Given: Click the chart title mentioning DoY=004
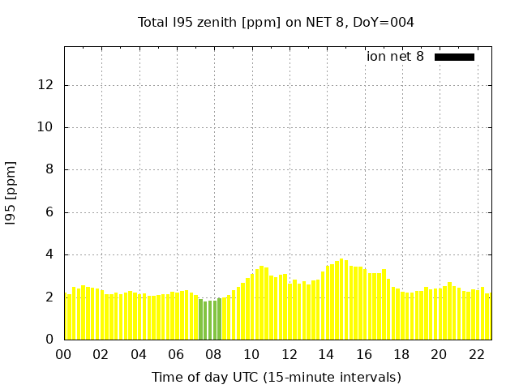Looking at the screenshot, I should tap(276, 23).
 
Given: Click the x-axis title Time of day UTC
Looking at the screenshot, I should tap(276, 377).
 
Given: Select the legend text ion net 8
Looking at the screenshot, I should tap(395, 57).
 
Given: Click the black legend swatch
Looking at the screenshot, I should tap(454, 57).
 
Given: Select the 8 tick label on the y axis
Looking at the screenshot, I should tap(50, 170).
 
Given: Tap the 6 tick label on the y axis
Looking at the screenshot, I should tap(50, 212).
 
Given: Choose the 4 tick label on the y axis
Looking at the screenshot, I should tap(50, 254).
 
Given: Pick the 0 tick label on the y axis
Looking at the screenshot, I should tap(50, 340).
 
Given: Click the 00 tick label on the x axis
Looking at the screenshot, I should tap(64, 355).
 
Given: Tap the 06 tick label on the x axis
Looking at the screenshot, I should tap(176, 355).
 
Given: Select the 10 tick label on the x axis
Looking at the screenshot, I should tap(251, 355).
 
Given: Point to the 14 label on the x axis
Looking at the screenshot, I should tap(326, 355).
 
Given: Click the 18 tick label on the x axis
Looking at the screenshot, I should tap(401, 355).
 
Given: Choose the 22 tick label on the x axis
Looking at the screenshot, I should tap(476, 355).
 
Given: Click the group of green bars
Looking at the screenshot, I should tap(210, 319).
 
